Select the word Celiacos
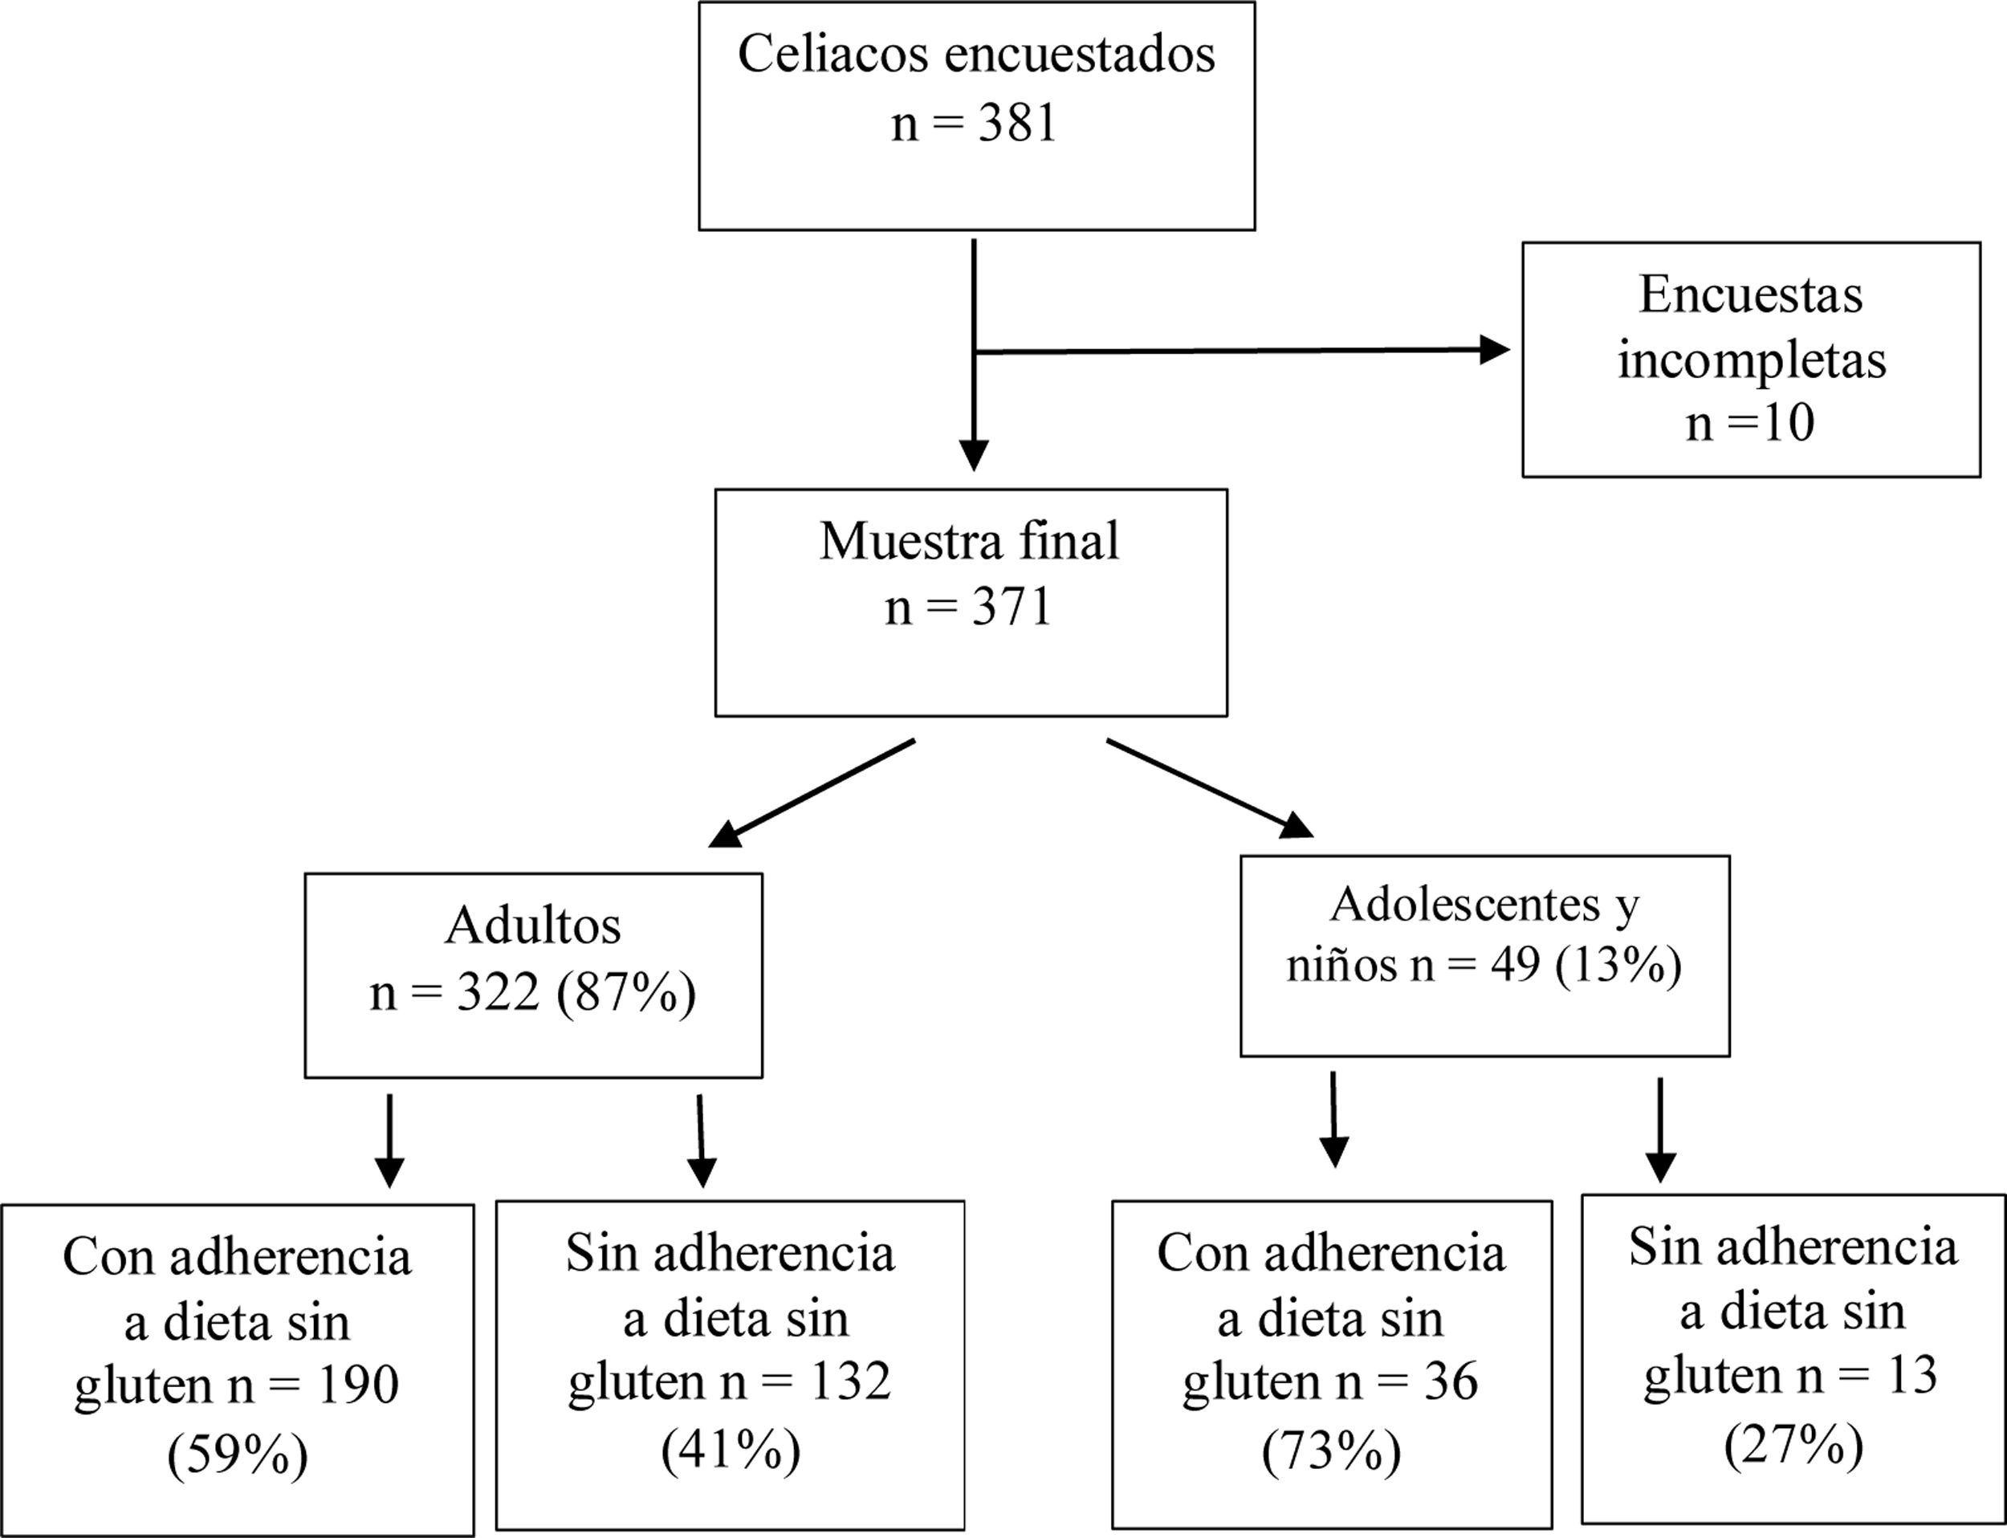point(835,54)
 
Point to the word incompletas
point(1752,360)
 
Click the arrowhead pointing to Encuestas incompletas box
point(1494,350)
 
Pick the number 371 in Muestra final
point(1011,607)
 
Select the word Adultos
point(533,926)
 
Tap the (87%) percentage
point(626,992)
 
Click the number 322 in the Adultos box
point(498,992)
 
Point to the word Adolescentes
point(1465,905)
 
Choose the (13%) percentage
point(1618,965)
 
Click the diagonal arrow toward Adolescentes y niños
point(1208,787)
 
